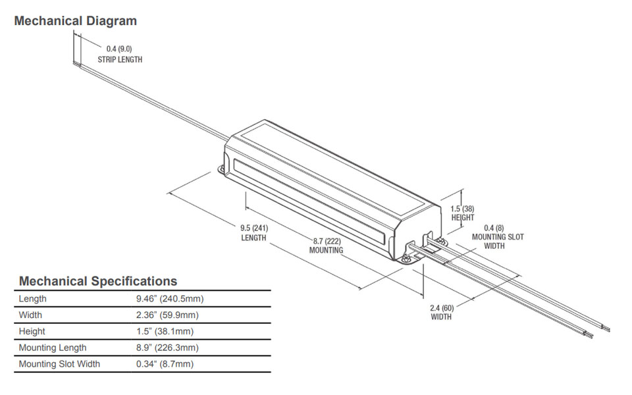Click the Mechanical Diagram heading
point(75,21)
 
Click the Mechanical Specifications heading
point(97,281)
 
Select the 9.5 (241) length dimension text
point(253,228)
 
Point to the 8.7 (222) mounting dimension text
point(327,242)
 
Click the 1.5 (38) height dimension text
point(463,209)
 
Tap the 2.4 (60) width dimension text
point(441,307)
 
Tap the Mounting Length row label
point(53,348)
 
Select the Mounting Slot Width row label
point(59,364)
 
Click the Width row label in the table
point(30,315)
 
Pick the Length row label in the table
point(33,299)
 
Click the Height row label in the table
point(32,331)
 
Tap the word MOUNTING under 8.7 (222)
point(327,250)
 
